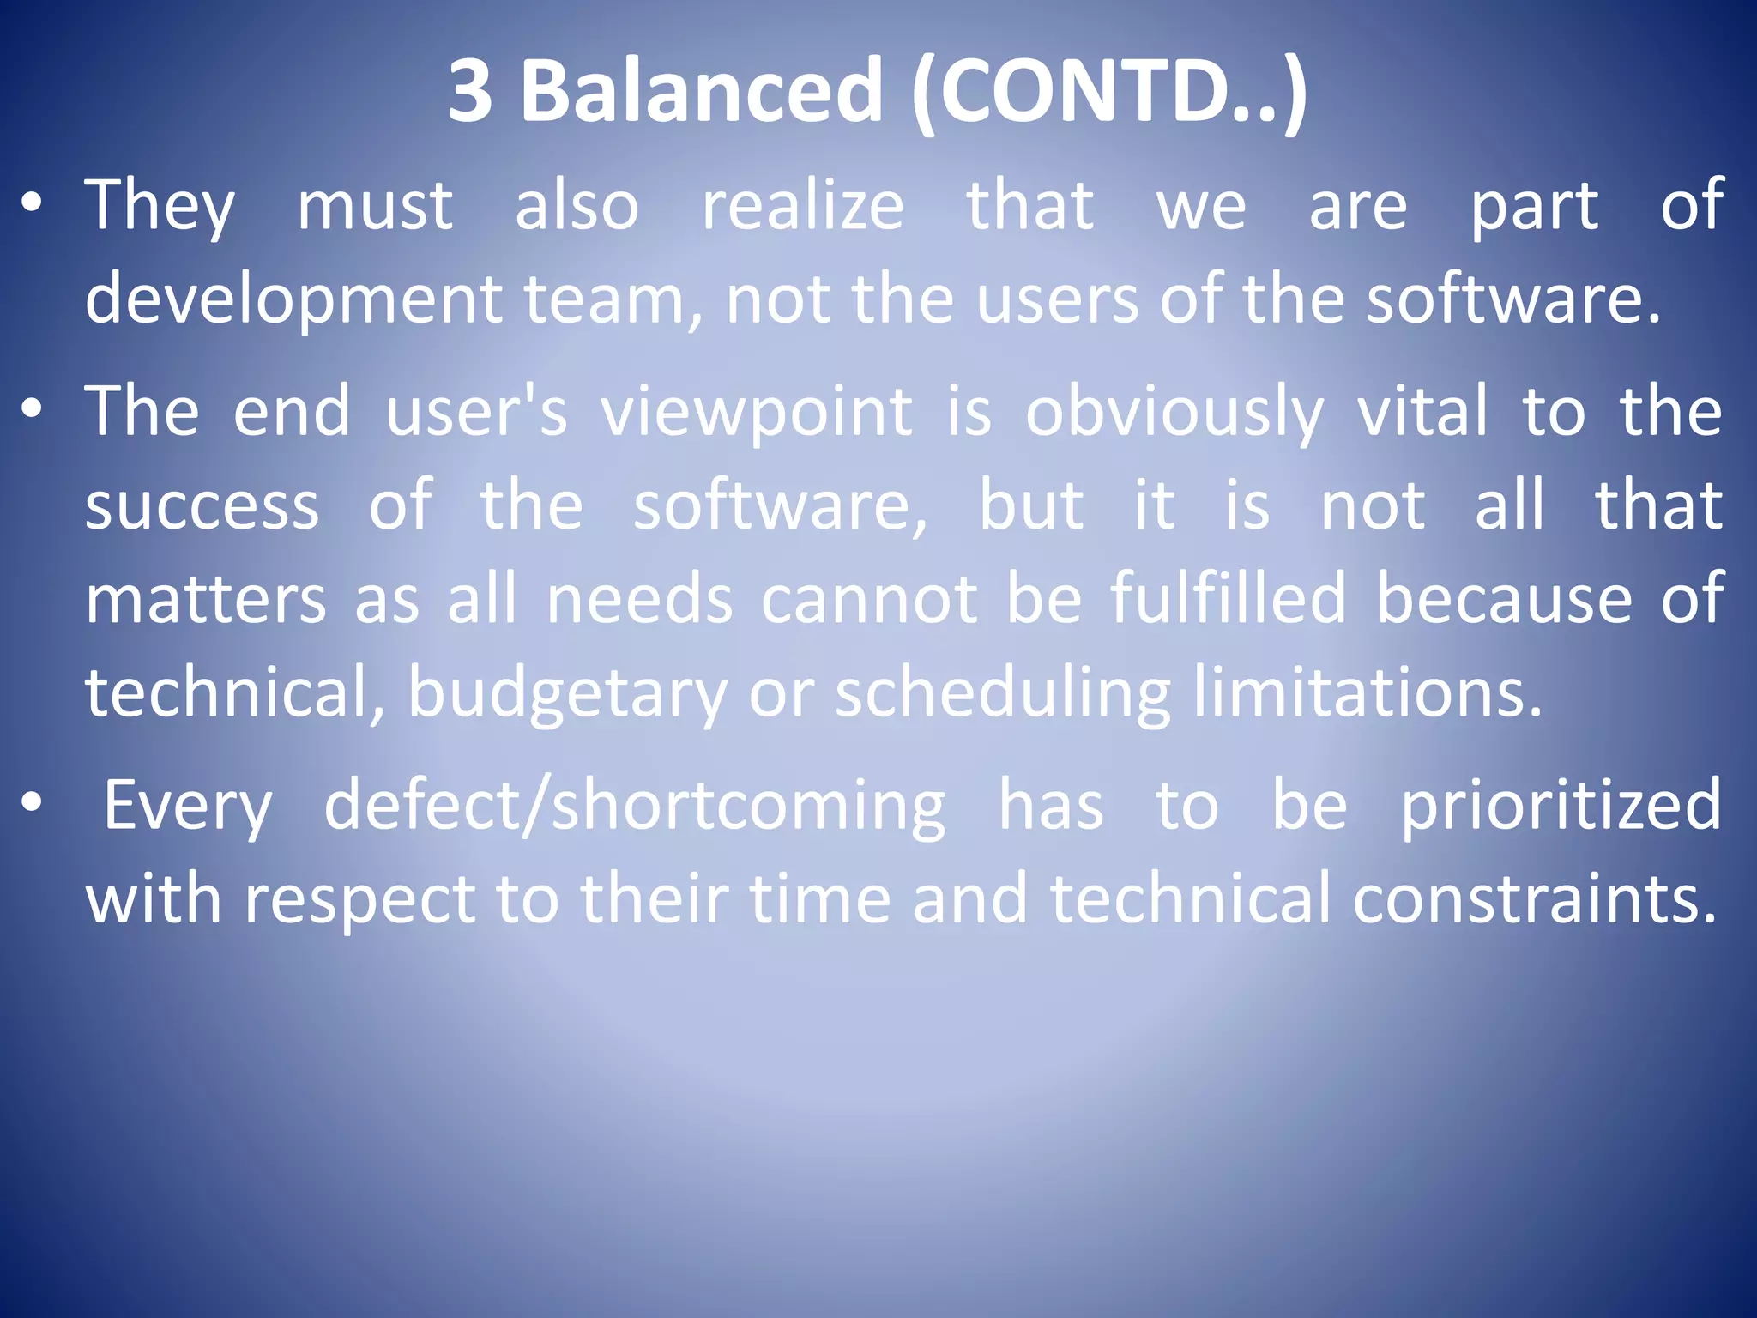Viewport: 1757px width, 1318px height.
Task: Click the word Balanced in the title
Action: [x=701, y=91]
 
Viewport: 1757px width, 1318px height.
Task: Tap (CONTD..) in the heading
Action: [x=1108, y=91]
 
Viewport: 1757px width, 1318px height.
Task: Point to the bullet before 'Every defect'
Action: [x=32, y=804]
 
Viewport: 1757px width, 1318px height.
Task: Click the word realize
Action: [x=803, y=206]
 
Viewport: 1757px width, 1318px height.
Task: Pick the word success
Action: [x=202, y=506]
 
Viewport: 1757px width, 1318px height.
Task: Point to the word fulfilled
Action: [x=1228, y=598]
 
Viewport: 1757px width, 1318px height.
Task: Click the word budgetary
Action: [x=567, y=693]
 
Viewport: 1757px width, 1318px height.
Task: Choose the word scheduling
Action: [x=1002, y=693]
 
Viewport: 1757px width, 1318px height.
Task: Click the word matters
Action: [x=206, y=599]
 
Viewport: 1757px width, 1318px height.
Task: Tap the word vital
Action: [x=1422, y=412]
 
